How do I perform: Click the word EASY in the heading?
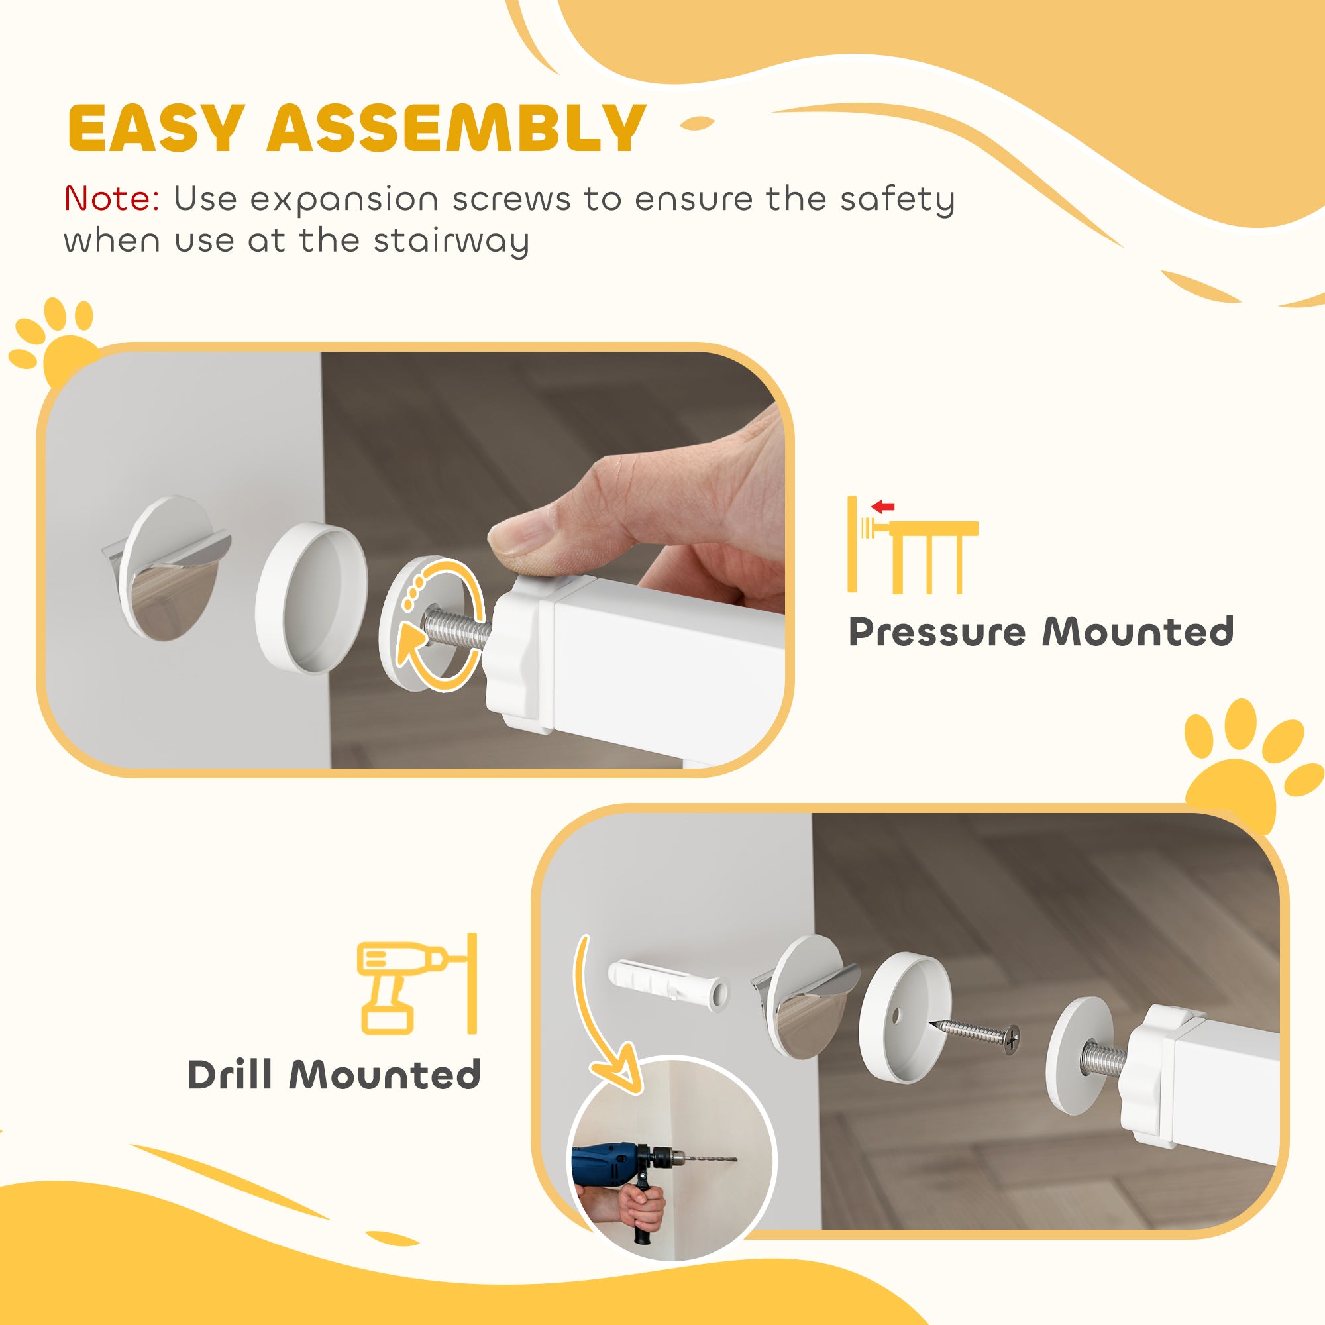156,129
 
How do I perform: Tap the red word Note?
112,199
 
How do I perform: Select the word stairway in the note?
450,241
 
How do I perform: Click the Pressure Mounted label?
1040,631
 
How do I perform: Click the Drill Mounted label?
334,1075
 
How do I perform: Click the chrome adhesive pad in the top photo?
172,570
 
